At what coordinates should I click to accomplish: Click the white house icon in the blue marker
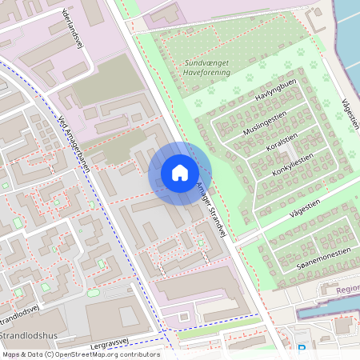[180, 173]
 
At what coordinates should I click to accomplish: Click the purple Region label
[348, 290]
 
